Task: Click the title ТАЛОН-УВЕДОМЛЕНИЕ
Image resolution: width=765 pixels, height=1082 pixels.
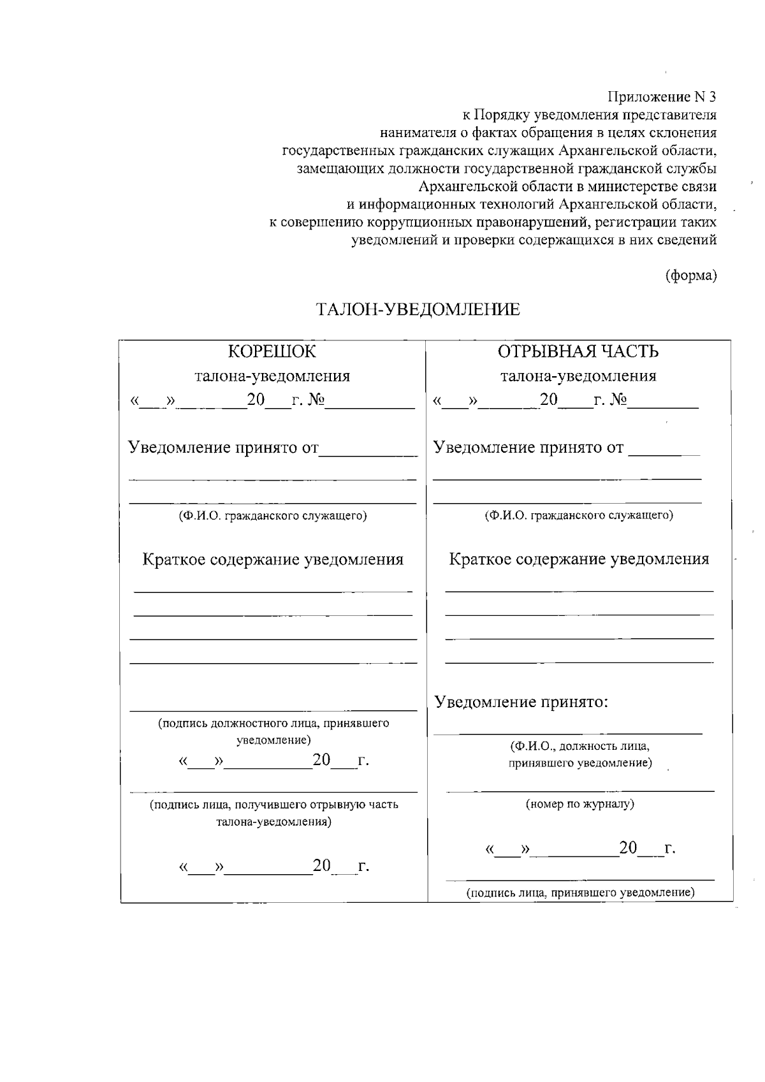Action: (x=418, y=310)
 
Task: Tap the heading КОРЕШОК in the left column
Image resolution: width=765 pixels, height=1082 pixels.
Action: (x=272, y=351)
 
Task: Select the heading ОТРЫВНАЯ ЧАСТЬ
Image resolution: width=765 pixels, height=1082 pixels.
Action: (x=578, y=351)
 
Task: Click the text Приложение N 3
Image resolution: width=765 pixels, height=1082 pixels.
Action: (x=662, y=97)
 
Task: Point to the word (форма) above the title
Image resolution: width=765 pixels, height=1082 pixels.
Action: (x=691, y=276)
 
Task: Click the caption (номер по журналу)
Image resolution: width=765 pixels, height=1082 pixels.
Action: (x=579, y=804)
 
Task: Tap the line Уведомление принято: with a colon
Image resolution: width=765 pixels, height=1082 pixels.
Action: (x=521, y=702)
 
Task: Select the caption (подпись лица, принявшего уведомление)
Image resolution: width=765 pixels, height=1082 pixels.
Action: (x=579, y=893)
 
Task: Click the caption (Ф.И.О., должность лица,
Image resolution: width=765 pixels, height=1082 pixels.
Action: (x=579, y=746)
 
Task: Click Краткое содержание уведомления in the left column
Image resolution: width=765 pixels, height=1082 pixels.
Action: (x=272, y=559)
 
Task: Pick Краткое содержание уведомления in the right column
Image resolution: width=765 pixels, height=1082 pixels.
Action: (x=579, y=559)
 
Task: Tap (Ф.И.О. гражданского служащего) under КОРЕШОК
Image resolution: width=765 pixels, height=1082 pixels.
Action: (x=272, y=515)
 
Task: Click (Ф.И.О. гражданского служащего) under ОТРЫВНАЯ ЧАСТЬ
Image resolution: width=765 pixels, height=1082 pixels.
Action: (x=579, y=515)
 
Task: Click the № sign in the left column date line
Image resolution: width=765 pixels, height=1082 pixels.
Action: (x=316, y=400)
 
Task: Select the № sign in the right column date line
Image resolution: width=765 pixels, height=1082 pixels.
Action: (x=618, y=400)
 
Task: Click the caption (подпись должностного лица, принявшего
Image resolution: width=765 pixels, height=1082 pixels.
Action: (x=273, y=724)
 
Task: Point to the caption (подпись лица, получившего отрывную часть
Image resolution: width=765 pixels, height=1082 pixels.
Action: (x=273, y=805)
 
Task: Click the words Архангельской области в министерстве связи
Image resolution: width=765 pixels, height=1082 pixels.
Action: (x=567, y=187)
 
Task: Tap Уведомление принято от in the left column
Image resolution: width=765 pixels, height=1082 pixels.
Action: (x=223, y=447)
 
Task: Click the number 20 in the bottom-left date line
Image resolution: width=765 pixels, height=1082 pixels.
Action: (x=322, y=865)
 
